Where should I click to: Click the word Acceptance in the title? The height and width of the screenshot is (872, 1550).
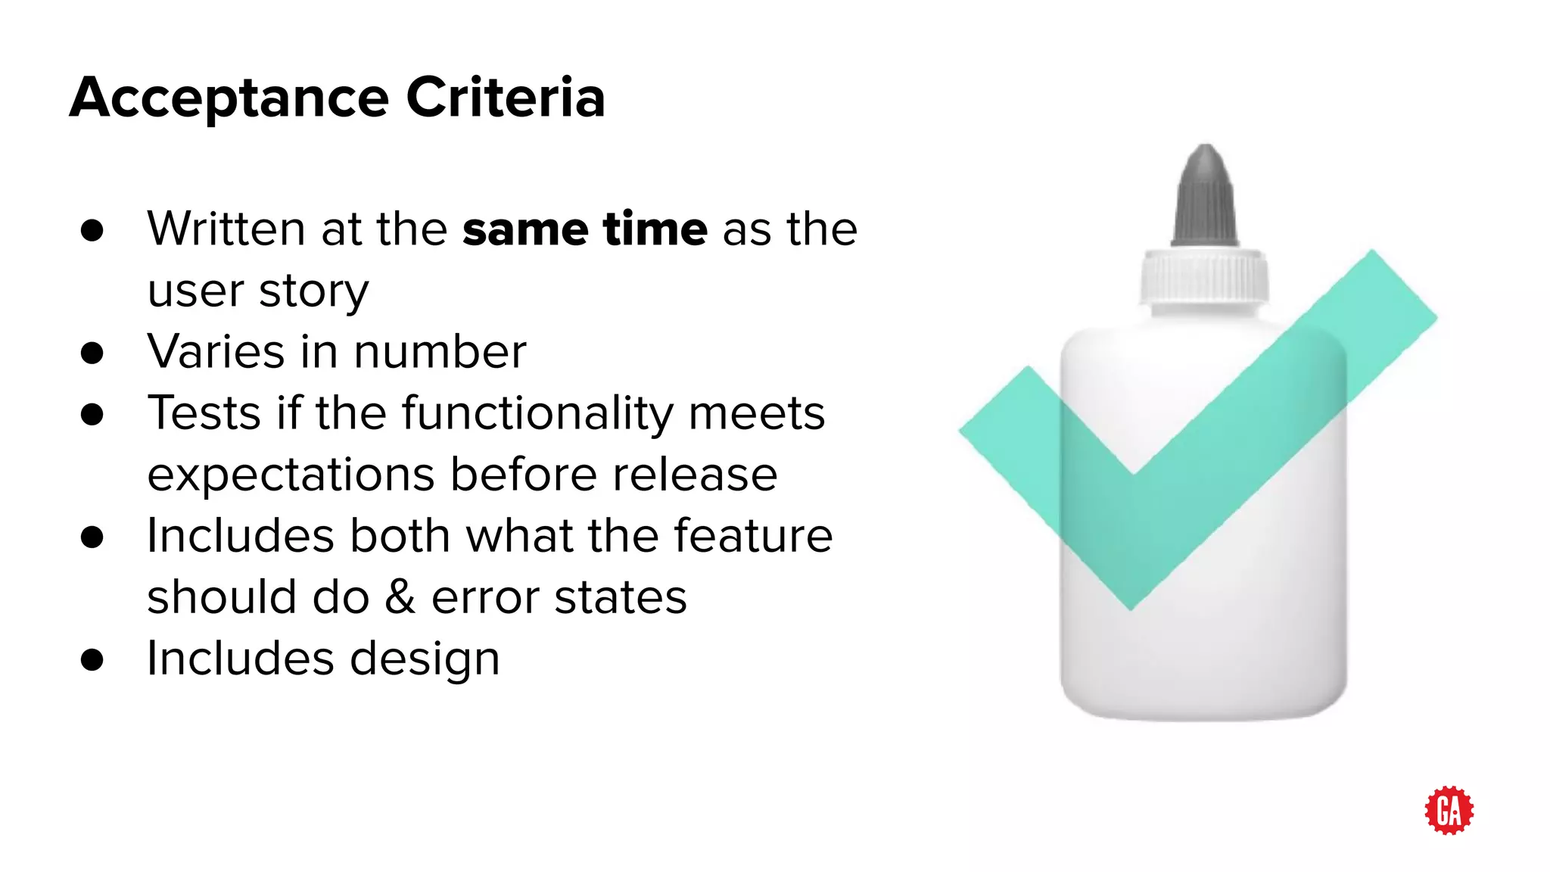[x=229, y=98]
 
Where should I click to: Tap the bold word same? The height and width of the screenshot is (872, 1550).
[x=525, y=229]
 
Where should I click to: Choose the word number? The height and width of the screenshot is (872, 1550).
[x=440, y=352]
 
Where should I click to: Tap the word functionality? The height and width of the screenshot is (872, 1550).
[x=537, y=414]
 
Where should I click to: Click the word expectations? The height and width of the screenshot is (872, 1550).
[x=291, y=475]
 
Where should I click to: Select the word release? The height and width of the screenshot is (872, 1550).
[x=695, y=475]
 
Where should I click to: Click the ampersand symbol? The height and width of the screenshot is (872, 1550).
[x=400, y=597]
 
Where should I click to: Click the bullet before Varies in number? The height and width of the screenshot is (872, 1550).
[x=92, y=353]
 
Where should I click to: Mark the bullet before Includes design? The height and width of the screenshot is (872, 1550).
[x=92, y=660]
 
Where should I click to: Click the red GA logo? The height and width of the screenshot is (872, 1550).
[x=1449, y=810]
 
